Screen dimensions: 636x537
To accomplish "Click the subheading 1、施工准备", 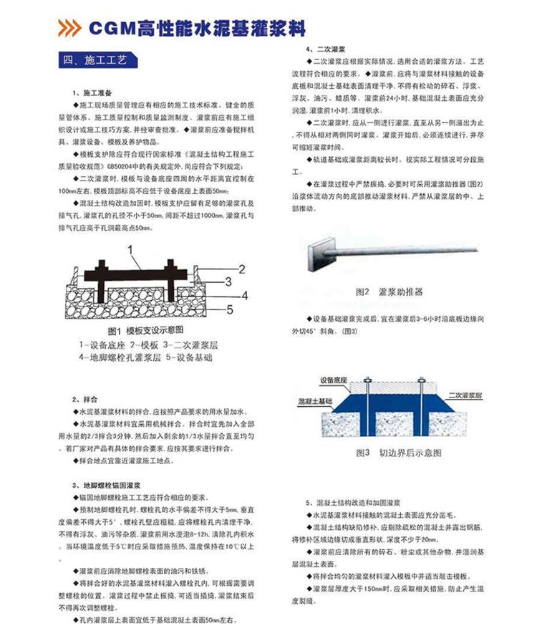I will (x=93, y=93).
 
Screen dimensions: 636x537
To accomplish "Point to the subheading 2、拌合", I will (x=85, y=398).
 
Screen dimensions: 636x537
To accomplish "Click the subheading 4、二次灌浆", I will (x=326, y=49).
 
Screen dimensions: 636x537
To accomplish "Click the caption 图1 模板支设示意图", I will (x=146, y=330).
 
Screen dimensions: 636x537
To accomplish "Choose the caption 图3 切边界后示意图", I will (x=399, y=453).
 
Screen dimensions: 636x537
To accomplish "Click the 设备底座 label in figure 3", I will (x=337, y=379).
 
